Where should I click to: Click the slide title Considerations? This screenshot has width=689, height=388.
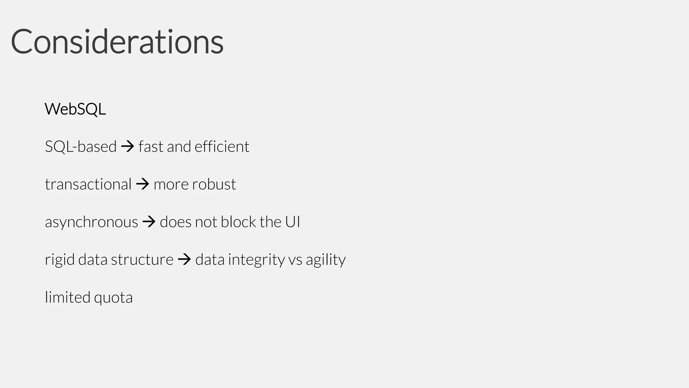coord(117,42)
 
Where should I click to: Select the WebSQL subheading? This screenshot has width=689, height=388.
coord(75,109)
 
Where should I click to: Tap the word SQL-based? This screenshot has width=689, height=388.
coord(81,147)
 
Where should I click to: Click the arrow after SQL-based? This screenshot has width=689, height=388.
coord(128,147)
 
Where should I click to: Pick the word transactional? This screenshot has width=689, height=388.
coord(88,185)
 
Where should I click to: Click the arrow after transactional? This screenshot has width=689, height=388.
coord(143,184)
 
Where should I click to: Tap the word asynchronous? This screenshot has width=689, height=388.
coord(92,222)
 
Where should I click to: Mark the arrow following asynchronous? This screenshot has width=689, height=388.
coord(149,222)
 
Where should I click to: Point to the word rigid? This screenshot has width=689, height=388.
coord(60,260)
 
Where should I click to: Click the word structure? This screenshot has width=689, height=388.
coord(142,260)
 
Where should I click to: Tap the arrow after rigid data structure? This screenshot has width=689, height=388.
coord(184,260)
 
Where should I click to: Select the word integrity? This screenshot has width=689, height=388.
coord(256,260)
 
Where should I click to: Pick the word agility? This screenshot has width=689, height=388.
coord(326,260)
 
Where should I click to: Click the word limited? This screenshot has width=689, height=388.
coord(68,297)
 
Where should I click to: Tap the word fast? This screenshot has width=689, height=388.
coord(151,147)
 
